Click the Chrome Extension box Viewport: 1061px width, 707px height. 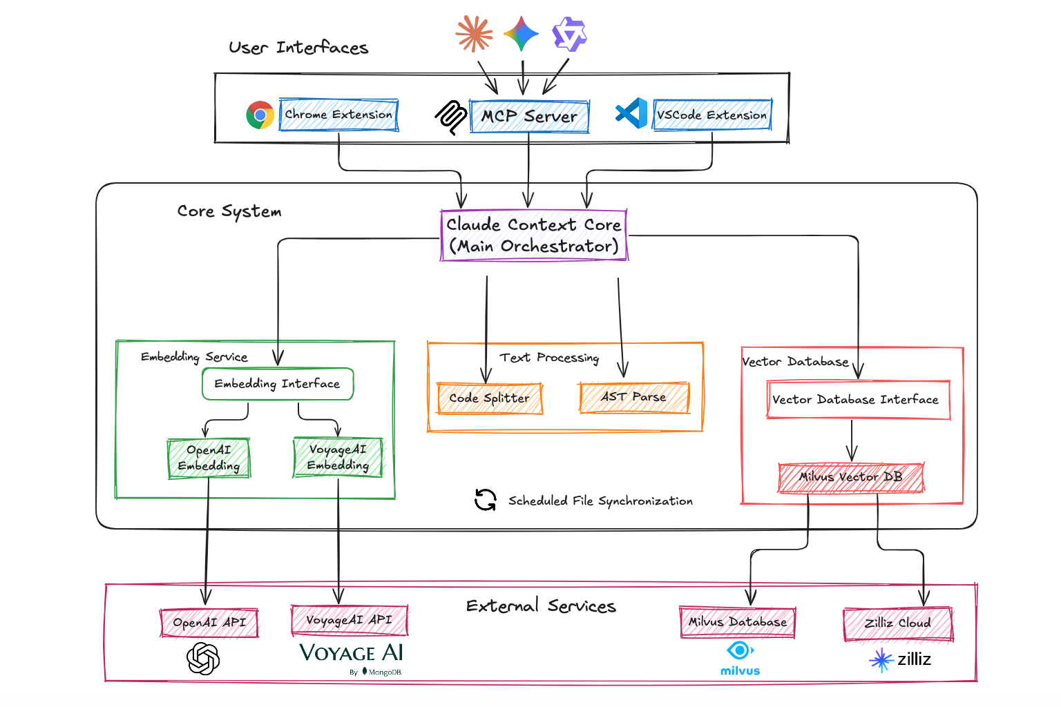point(338,115)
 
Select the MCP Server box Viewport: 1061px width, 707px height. point(529,116)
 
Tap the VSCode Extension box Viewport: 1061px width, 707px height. point(712,115)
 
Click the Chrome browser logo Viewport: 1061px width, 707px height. point(260,115)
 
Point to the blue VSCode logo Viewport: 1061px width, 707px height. point(631,113)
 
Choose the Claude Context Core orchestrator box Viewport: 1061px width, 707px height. point(533,235)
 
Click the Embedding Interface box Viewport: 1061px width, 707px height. point(278,384)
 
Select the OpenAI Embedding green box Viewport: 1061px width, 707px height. point(209,458)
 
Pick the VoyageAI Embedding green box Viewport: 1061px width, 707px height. point(338,458)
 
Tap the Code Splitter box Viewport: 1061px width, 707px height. point(489,398)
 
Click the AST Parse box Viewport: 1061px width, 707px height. point(634,397)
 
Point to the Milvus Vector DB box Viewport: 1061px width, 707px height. point(851,477)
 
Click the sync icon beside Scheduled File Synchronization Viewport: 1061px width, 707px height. point(486,500)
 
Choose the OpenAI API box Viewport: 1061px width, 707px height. point(209,623)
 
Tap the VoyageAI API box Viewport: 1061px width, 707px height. point(349,620)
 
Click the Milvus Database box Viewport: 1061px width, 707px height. point(737,622)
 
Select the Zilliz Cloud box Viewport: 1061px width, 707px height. point(898,623)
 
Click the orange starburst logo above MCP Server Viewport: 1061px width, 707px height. point(474,34)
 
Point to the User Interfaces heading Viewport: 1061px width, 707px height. point(298,48)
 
